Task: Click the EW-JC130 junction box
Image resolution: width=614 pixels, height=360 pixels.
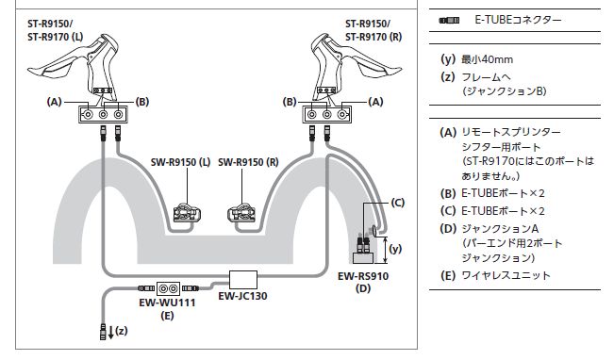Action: pyautogui.click(x=243, y=280)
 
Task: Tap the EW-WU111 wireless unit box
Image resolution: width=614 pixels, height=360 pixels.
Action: pyautogui.click(x=169, y=288)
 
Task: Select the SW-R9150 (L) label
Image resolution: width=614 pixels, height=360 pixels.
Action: pyautogui.click(x=180, y=162)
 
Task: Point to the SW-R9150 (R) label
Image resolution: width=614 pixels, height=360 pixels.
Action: pyautogui.click(x=248, y=162)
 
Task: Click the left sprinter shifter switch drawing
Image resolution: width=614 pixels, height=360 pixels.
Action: pyautogui.click(x=187, y=213)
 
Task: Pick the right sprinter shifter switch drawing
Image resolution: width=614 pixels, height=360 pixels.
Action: pyautogui.click(x=241, y=213)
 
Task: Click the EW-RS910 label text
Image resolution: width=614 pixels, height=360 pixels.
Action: pyautogui.click(x=363, y=276)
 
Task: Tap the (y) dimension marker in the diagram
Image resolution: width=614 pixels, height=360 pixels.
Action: pyautogui.click(x=395, y=249)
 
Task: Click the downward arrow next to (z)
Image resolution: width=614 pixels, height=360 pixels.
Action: pyautogui.click(x=110, y=333)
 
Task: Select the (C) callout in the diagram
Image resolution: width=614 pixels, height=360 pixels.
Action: pyautogui.click(x=397, y=203)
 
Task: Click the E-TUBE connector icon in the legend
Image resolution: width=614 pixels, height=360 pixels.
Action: pyautogui.click(x=449, y=21)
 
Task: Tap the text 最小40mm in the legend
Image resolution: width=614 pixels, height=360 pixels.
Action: pyautogui.click(x=487, y=59)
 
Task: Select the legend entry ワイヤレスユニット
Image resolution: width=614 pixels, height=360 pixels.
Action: pyautogui.click(x=506, y=275)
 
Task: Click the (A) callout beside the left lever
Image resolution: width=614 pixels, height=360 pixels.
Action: pyautogui.click(x=55, y=102)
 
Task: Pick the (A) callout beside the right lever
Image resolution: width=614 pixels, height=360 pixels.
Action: pyautogui.click(x=376, y=102)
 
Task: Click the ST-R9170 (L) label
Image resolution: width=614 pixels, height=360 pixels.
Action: pyautogui.click(x=56, y=37)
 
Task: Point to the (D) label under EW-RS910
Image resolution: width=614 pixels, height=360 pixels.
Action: pyautogui.click(x=363, y=288)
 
